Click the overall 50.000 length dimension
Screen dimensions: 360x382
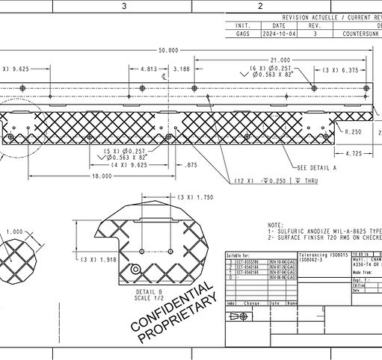pyautogui.click(x=167, y=50)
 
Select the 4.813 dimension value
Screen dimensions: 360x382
pyautogui.click(x=148, y=69)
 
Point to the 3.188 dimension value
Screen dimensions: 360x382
pyautogui.click(x=180, y=69)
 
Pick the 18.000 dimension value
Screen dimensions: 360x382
pyautogui.click(x=102, y=176)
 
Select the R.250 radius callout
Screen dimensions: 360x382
pyautogui.click(x=354, y=131)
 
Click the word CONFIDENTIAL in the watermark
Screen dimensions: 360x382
pyautogui.click(x=171, y=307)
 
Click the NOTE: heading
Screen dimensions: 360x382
pyautogui.click(x=275, y=224)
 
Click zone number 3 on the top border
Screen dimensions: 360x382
pyautogui.click(x=125, y=6)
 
